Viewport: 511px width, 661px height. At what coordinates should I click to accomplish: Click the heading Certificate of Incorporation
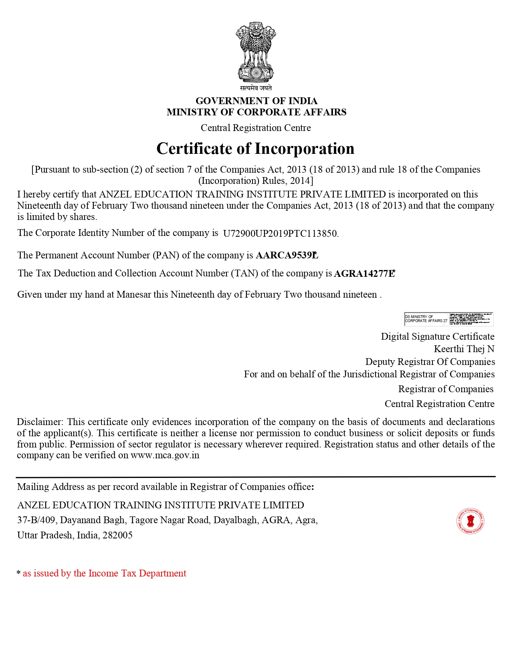pyautogui.click(x=255, y=149)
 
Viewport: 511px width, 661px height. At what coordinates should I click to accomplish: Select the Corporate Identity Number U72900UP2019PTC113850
pyautogui.click(x=280, y=234)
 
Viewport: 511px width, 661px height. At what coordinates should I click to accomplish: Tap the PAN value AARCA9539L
pyautogui.click(x=286, y=256)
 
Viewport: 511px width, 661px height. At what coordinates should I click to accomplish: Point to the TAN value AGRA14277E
pyautogui.click(x=364, y=274)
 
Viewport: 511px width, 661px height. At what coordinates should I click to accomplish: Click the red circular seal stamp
pyautogui.click(x=470, y=521)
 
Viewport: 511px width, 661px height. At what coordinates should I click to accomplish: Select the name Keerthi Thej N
pyautogui.click(x=464, y=349)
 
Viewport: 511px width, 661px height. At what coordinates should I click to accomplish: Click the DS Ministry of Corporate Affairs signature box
pyautogui.click(x=448, y=319)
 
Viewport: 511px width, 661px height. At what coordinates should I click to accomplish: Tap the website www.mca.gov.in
pyautogui.click(x=165, y=455)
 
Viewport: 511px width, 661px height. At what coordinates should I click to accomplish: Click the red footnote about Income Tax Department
pyautogui.click(x=104, y=573)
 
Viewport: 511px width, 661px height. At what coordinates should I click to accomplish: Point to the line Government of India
pyautogui.click(x=256, y=101)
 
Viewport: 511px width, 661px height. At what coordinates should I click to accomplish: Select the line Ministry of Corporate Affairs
pyautogui.click(x=256, y=112)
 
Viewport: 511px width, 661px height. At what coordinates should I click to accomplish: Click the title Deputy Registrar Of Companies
pyautogui.click(x=430, y=362)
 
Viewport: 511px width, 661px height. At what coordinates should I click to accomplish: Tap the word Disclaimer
pyautogui.click(x=39, y=422)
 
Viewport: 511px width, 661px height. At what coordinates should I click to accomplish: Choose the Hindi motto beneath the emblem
pyautogui.click(x=256, y=88)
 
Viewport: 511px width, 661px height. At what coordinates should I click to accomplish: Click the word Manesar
pyautogui.click(x=134, y=294)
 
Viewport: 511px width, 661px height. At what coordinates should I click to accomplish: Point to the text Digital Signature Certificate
pyautogui.click(x=437, y=337)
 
